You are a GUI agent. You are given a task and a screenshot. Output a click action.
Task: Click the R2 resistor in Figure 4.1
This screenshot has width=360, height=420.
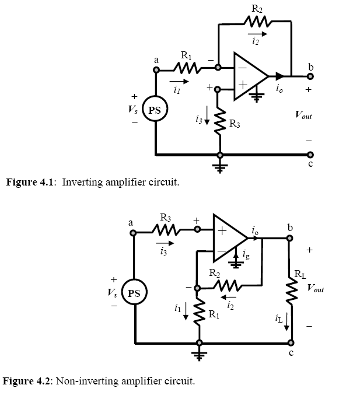point(258,22)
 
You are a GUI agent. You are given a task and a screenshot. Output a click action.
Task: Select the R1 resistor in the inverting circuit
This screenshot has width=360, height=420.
point(187,68)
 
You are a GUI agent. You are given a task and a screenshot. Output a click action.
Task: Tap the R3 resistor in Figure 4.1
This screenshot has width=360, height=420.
point(220,121)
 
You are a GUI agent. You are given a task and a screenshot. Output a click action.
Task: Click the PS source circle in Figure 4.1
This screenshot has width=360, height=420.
point(155,108)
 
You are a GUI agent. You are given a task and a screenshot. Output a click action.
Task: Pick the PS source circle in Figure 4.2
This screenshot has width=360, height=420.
point(134,292)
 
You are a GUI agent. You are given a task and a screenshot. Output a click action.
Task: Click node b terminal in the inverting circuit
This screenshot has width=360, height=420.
point(310,76)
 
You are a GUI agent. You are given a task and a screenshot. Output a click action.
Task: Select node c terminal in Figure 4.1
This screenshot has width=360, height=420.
point(310,155)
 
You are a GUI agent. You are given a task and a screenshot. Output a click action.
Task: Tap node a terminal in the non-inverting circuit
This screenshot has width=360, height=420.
point(133,233)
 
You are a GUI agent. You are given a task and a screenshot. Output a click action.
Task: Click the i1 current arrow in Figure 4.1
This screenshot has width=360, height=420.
point(179,82)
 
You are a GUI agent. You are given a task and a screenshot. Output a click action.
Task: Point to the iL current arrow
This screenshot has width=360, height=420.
point(286,321)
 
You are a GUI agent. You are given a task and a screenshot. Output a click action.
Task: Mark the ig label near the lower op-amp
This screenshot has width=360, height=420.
point(246,254)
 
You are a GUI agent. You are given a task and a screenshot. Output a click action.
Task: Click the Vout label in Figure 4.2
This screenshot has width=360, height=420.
point(316,288)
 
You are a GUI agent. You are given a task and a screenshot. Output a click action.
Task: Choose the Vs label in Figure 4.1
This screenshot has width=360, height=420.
point(133,109)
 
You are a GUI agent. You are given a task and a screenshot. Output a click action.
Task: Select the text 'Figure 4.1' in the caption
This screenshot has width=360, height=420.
point(30,182)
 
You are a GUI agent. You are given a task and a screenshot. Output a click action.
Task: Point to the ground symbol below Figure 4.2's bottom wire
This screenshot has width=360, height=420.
point(200,355)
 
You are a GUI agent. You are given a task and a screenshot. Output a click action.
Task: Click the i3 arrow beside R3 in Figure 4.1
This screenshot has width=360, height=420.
point(207,116)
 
